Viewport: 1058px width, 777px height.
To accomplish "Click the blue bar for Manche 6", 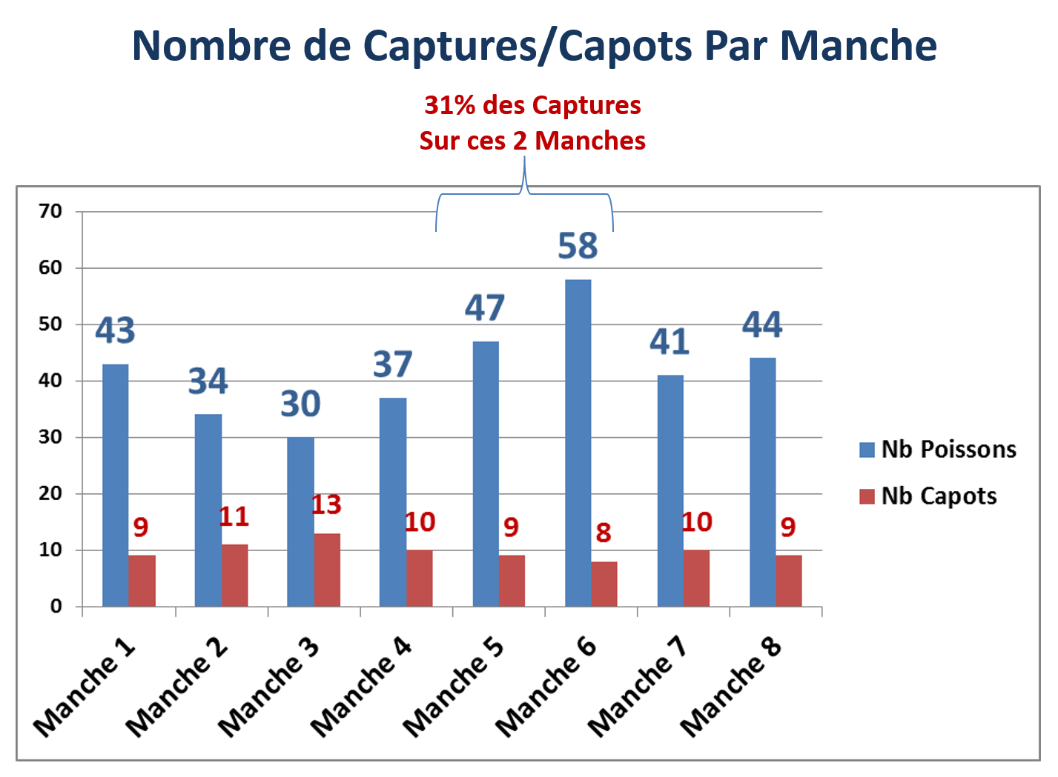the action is point(578,443).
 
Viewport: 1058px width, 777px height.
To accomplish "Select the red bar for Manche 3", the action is point(327,570).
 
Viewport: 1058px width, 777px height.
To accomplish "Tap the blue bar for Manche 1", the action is point(116,485).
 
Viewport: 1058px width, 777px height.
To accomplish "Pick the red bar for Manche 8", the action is point(789,581).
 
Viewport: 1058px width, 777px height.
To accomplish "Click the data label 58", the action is point(578,246).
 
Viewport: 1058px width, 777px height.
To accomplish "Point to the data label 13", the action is point(326,504).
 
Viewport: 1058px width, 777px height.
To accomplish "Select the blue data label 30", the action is point(300,404).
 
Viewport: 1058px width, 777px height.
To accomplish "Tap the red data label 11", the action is point(234,516).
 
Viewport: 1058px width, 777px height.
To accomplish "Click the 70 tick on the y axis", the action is point(50,211).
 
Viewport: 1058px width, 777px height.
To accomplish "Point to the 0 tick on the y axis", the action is point(56,606).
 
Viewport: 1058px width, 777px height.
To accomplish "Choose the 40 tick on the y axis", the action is point(50,381).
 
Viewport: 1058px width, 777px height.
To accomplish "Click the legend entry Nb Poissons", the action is point(938,450).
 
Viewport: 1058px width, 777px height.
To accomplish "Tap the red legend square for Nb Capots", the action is point(867,497).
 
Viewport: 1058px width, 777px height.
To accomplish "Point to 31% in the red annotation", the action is point(449,105).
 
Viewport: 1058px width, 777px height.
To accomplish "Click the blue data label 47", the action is point(485,307).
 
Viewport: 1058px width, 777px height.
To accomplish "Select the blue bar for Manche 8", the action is point(763,482).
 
